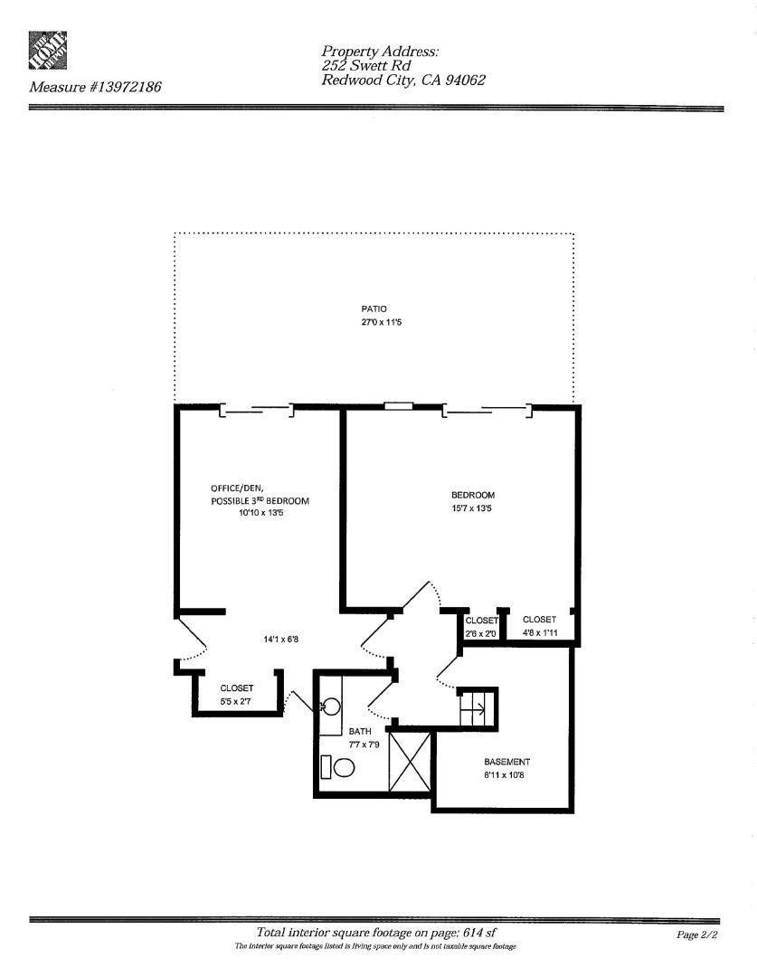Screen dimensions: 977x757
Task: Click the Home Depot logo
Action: tap(48, 52)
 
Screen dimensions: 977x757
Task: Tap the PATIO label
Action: tap(374, 309)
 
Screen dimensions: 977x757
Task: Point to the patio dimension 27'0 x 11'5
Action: tap(374, 322)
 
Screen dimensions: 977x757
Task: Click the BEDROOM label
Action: tap(473, 495)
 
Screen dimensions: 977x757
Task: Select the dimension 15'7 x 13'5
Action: tap(473, 508)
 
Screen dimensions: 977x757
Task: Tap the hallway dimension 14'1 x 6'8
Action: tap(280, 640)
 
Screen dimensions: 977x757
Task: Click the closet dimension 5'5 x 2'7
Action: tap(236, 701)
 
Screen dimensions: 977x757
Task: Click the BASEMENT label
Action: tap(506, 762)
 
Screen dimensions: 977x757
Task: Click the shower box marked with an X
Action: tap(410, 762)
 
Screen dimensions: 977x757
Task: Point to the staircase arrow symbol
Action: tap(478, 707)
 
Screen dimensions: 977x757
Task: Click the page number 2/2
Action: tap(696, 935)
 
